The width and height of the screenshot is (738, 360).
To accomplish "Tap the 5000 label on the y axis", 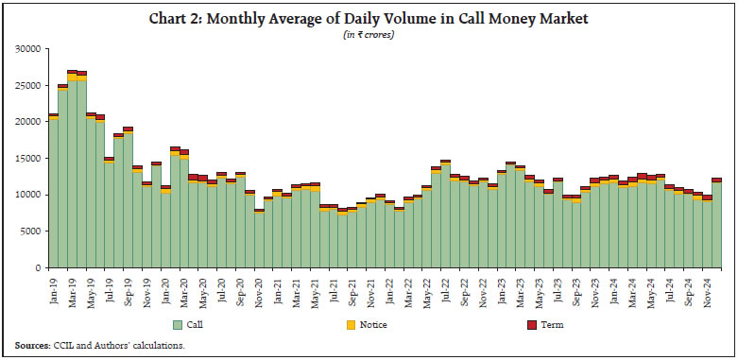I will tap(31, 231).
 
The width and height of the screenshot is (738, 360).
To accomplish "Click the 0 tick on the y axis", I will tap(39, 268).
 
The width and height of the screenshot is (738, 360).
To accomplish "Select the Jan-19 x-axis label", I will tap(54, 287).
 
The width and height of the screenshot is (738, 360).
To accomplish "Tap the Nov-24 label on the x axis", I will tap(707, 287).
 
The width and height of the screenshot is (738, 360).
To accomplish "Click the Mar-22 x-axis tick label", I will tap(408, 287).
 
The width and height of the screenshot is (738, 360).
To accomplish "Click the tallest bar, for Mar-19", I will tap(72, 170).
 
